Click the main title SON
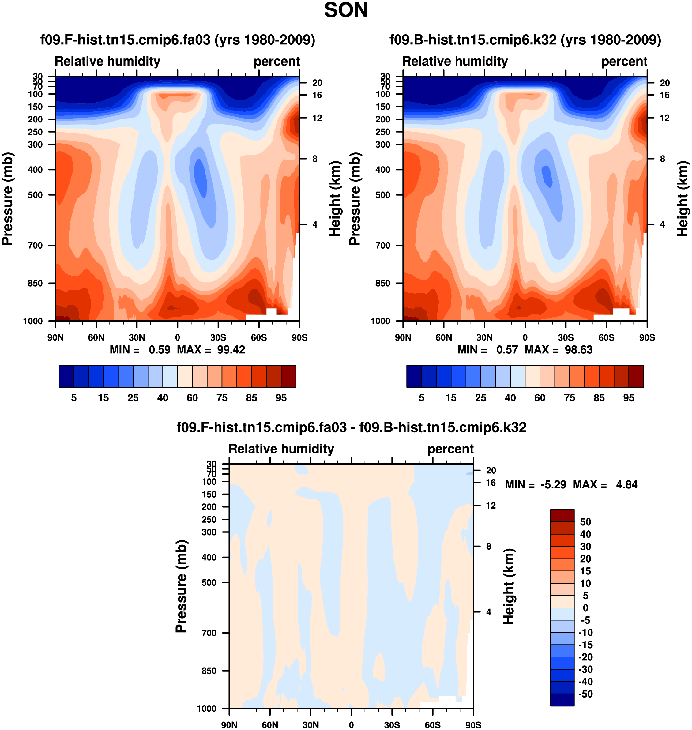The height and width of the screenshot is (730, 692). click(x=346, y=10)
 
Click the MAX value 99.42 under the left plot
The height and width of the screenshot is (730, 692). click(x=231, y=350)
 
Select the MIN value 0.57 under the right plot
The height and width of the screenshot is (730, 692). click(x=507, y=350)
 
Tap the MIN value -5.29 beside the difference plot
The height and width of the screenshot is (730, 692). click(x=553, y=484)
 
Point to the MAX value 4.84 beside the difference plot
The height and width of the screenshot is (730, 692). click(x=627, y=484)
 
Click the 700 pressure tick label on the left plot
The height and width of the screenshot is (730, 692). click(x=36, y=245)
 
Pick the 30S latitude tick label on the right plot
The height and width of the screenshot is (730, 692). click(x=566, y=337)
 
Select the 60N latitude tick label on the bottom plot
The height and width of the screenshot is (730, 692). click(x=270, y=725)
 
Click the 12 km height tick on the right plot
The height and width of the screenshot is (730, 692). click(x=664, y=118)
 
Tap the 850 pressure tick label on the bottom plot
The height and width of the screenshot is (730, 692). click(x=209, y=671)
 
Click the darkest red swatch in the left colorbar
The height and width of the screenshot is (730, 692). click(x=288, y=376)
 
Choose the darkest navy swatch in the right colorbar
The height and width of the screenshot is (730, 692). click(x=414, y=376)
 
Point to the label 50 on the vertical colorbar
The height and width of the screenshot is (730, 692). click(x=585, y=522)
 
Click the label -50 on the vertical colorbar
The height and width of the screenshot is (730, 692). click(x=585, y=694)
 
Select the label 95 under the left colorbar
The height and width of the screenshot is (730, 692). click(x=281, y=398)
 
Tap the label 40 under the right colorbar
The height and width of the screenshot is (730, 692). click(x=510, y=398)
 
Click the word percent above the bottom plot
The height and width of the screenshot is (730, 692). click(x=450, y=449)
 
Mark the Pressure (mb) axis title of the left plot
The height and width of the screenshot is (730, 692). click(x=7, y=199)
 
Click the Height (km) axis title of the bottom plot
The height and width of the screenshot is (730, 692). click(x=509, y=586)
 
